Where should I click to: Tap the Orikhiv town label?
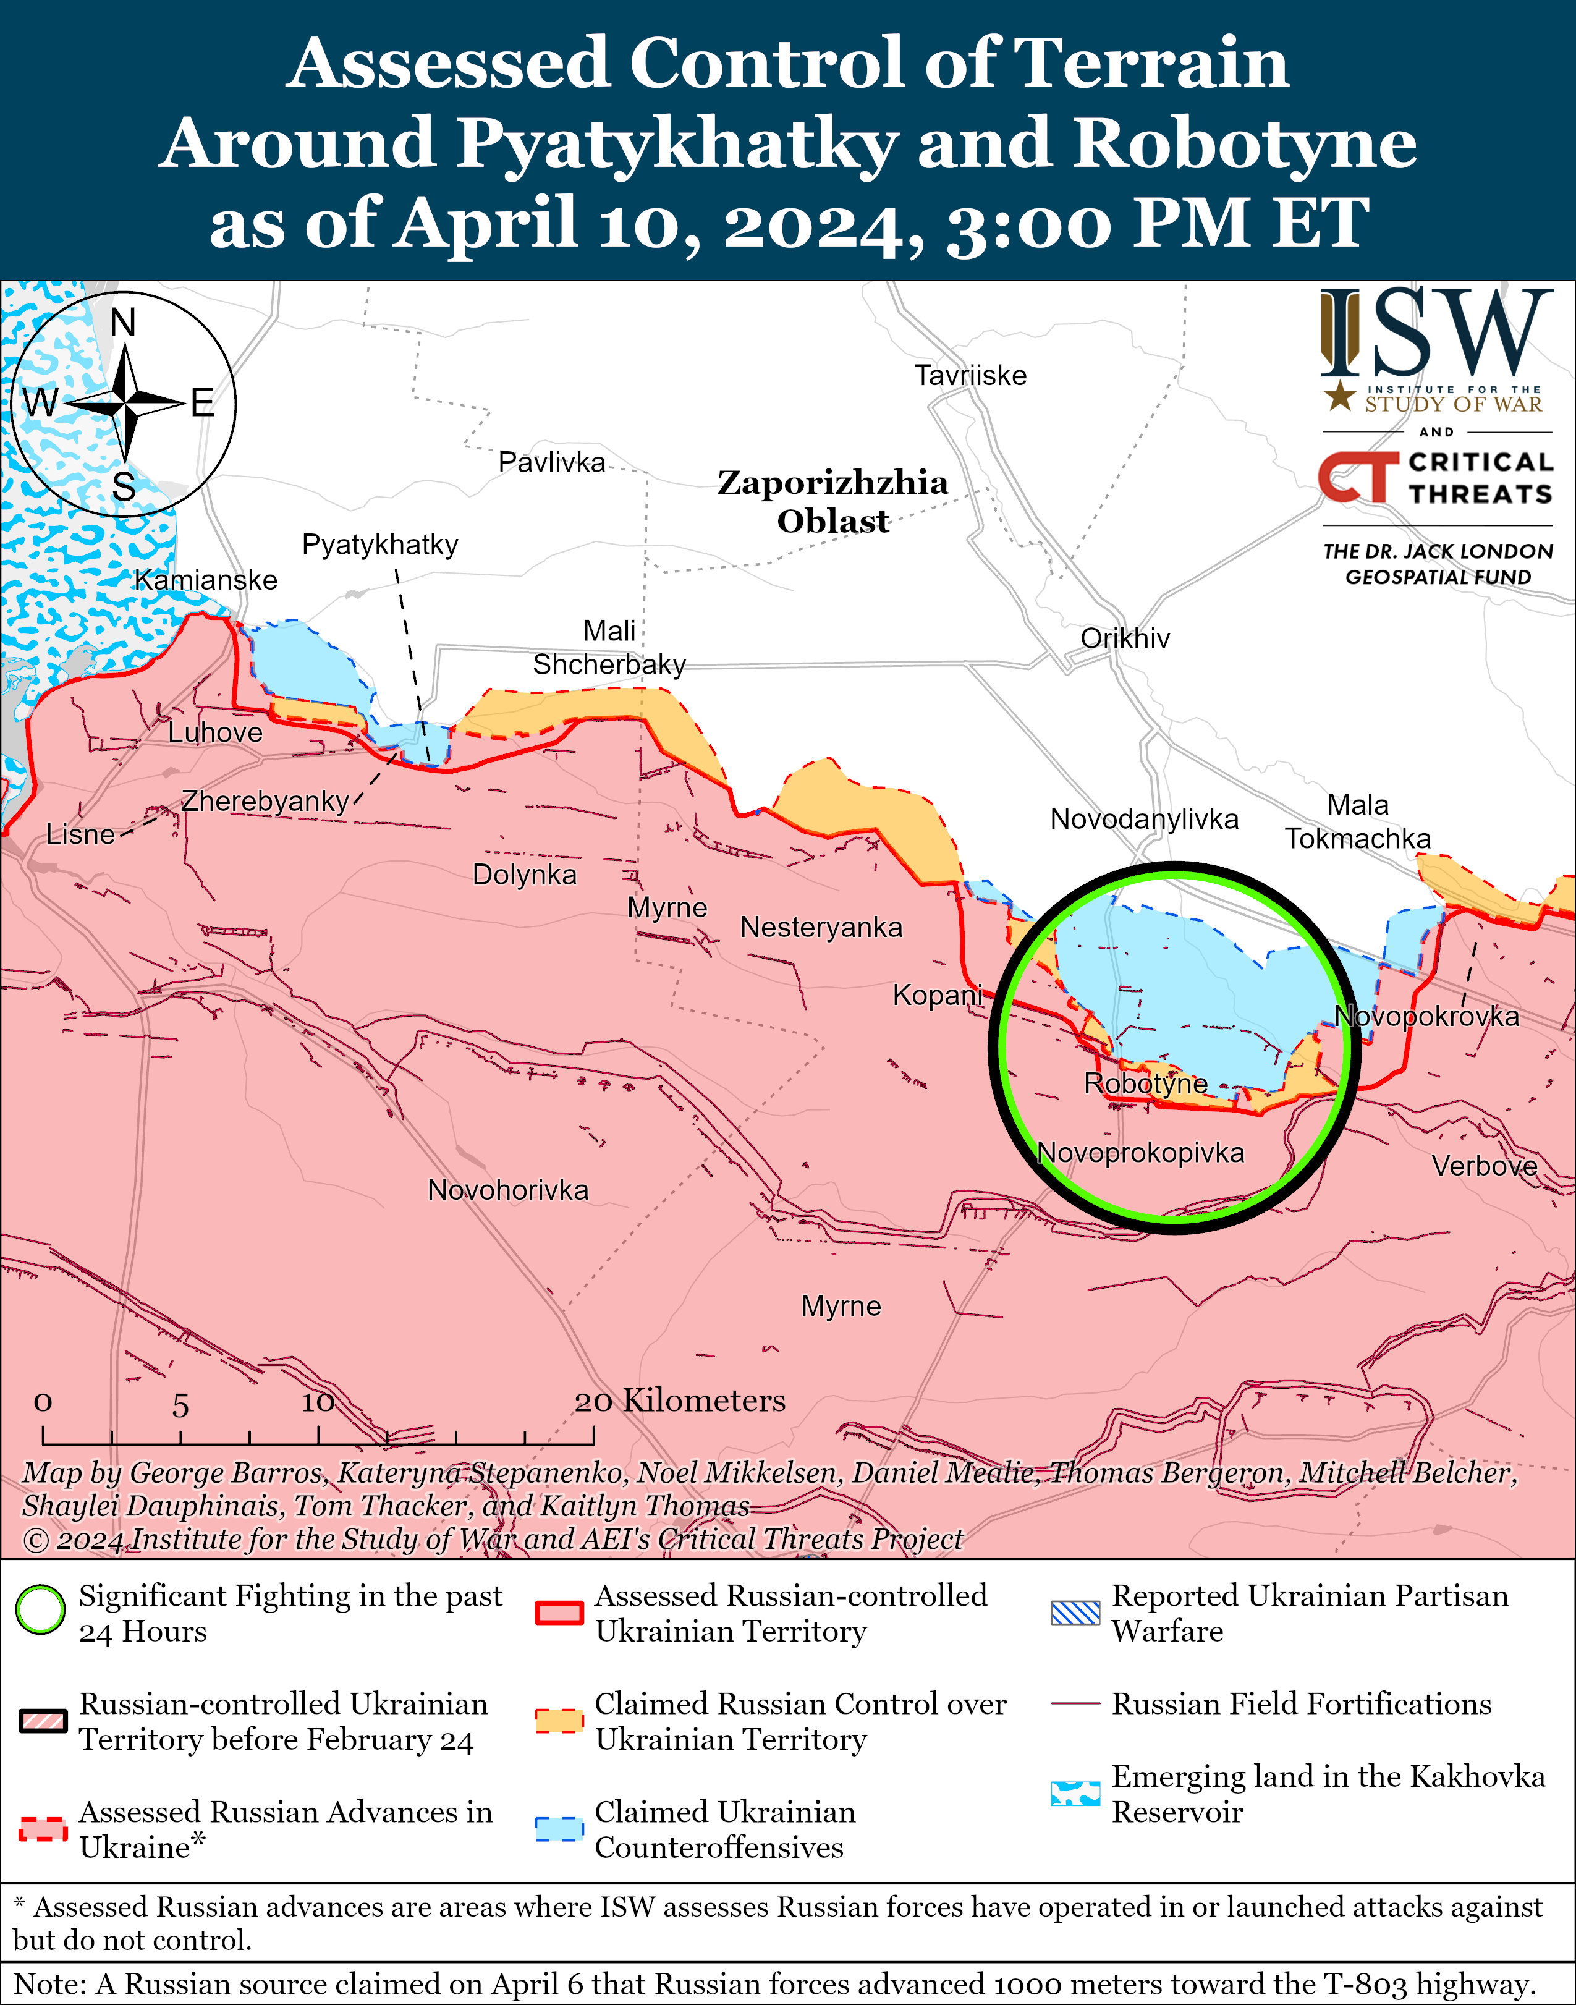point(1125,638)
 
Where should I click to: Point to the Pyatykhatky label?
point(379,545)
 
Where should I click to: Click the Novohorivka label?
point(507,1190)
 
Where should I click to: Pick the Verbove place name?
point(1484,1166)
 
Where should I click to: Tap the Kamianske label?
point(206,580)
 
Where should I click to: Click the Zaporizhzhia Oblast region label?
point(832,501)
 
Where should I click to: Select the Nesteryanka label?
point(821,927)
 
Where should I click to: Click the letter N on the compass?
point(123,323)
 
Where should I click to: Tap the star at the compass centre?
point(124,403)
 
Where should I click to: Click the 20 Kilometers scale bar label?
point(680,1401)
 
